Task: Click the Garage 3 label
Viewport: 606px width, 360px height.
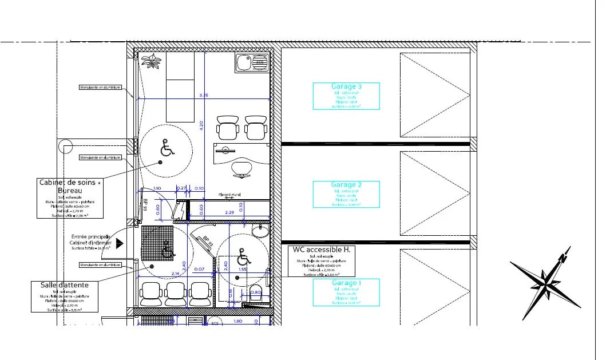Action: pos(346,86)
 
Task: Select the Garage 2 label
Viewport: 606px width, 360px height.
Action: pos(346,185)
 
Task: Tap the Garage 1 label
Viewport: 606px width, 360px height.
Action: pos(346,283)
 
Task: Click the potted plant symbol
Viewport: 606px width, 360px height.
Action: pos(152,61)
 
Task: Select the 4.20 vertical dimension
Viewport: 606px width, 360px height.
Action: pos(201,126)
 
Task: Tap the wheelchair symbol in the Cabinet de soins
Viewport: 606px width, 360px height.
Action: pos(167,149)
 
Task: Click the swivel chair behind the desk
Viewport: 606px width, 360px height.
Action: pos(242,168)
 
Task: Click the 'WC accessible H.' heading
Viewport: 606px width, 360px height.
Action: pos(321,250)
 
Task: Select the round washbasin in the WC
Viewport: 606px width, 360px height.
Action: pos(260,230)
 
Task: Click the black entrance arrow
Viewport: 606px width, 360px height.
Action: pos(119,243)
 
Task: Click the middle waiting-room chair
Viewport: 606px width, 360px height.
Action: pos(175,293)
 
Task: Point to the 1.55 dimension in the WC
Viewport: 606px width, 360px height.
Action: pos(243,269)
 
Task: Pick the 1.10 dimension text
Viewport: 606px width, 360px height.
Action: pos(157,188)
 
